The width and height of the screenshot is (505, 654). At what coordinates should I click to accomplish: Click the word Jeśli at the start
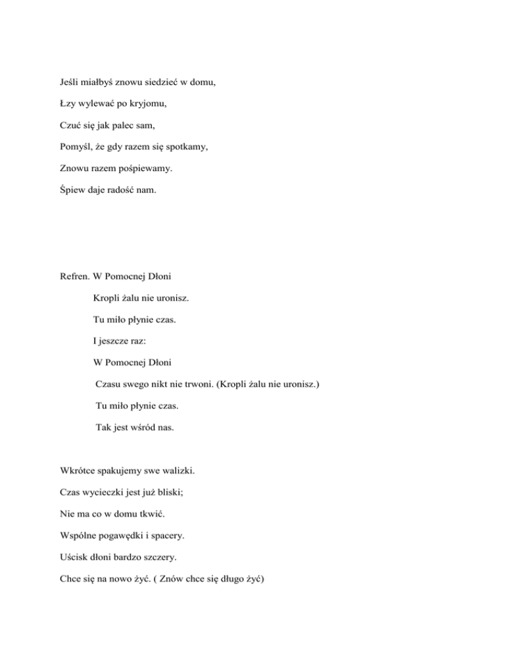(x=69, y=84)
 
